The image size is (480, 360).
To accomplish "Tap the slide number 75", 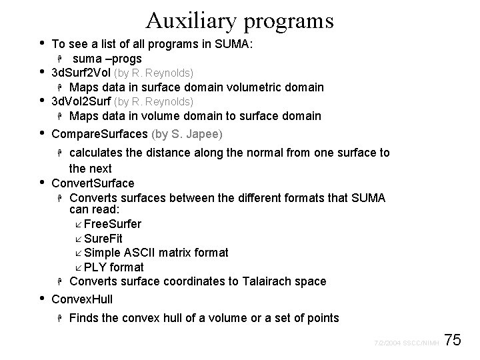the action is point(453,341).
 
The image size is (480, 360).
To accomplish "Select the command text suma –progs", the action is point(107,58).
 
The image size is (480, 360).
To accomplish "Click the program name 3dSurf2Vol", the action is point(81,72).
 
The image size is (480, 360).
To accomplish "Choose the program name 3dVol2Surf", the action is point(81,101).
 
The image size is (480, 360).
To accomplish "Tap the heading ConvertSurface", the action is point(93,183).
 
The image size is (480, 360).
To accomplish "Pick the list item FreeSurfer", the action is point(113,224).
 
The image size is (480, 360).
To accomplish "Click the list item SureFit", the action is point(103,238).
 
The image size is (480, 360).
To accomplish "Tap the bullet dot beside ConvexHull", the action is point(43,297).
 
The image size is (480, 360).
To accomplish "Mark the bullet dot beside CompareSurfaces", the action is point(43,132).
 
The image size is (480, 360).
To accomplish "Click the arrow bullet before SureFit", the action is point(79,239).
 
